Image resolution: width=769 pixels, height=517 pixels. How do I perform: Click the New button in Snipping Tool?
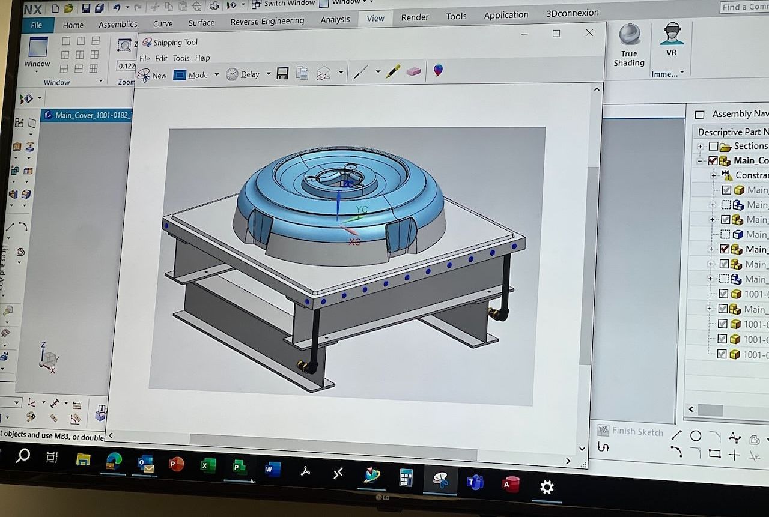152,75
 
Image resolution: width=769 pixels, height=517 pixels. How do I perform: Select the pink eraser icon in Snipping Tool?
413,71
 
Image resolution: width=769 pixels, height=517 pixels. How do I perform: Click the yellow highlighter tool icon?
393,71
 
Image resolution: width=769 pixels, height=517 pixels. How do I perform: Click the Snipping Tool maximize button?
556,34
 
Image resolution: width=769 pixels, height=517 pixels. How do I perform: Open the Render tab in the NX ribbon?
415,17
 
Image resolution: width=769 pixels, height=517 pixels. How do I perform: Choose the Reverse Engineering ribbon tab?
267,22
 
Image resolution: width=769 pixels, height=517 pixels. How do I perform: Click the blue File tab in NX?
37,25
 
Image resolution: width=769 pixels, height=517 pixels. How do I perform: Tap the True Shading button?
629,45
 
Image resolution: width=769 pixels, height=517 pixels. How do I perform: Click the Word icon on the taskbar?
272,468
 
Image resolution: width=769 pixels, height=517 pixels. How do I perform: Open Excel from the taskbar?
208,465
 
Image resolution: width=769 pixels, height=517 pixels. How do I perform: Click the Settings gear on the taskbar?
547,486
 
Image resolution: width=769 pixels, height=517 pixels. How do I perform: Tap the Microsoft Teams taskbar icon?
475,482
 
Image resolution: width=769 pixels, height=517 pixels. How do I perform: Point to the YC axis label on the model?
362,210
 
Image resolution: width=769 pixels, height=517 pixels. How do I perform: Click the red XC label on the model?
354,241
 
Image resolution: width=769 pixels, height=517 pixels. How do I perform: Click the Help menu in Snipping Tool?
202,58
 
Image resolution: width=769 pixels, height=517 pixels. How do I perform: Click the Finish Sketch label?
637,431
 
